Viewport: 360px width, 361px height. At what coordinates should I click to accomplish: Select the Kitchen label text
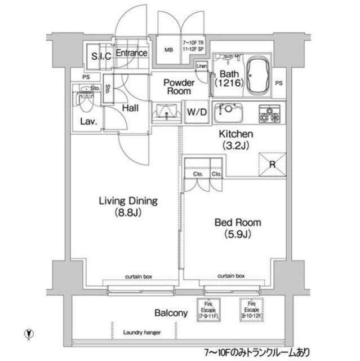236,140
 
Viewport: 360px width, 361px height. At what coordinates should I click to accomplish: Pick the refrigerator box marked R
272,164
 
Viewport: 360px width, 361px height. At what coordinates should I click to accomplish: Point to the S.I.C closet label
101,56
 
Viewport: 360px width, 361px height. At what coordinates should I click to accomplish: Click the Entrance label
132,54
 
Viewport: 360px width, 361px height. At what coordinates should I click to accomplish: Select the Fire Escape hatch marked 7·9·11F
208,310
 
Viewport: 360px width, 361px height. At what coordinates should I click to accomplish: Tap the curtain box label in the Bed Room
232,276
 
